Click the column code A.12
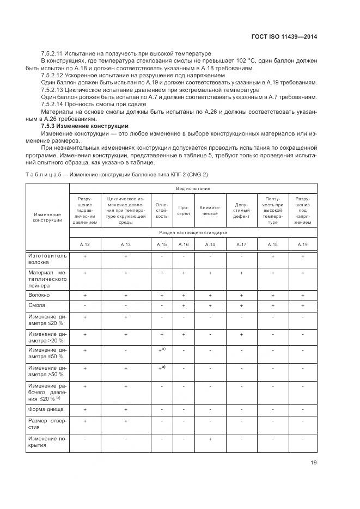86,244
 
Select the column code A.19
302,244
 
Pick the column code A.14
210,244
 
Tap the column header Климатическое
210,211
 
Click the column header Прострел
184,211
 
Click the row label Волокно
39,295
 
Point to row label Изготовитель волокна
47,258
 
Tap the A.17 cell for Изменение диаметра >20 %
241,334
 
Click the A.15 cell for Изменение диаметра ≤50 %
162,351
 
